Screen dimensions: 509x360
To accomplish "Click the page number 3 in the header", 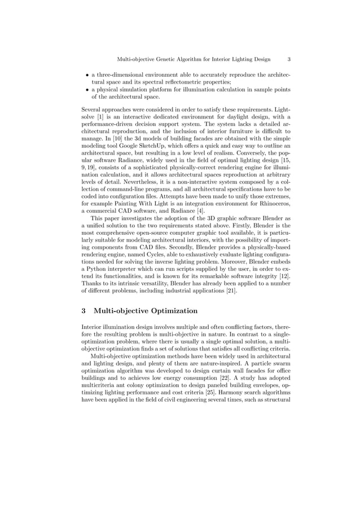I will click(x=289, y=59).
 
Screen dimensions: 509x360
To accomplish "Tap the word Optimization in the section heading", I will click(x=170, y=311).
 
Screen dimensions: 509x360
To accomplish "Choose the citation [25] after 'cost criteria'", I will click(x=210, y=385).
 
